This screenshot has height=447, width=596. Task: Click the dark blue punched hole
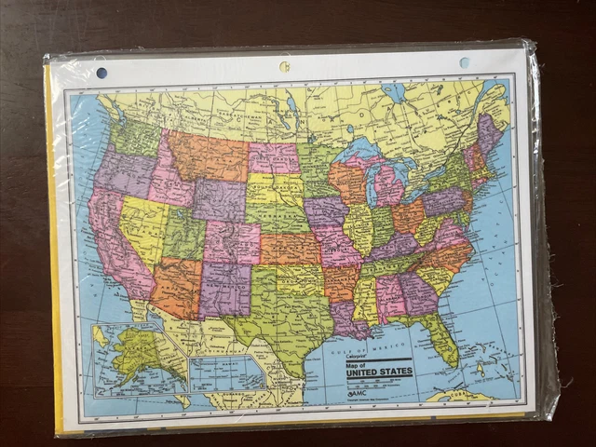coord(102,73)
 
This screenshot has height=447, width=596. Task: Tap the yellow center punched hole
coord(284,67)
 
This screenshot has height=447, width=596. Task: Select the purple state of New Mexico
coord(224,290)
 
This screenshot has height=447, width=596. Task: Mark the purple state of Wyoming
coord(220,200)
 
